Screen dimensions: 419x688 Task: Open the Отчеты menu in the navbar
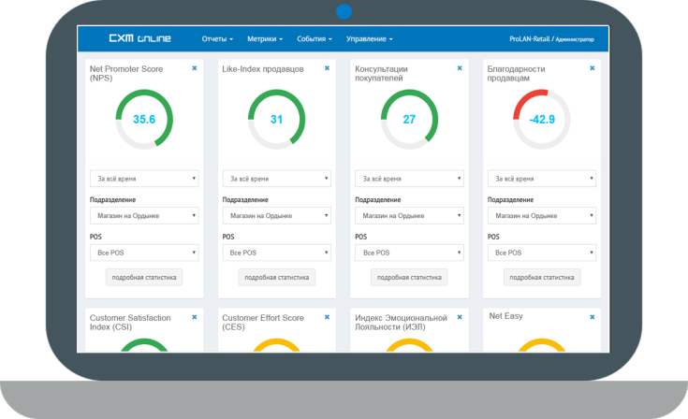[217, 39]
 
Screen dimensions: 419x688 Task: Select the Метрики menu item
[265, 39]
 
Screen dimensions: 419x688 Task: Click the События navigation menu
[315, 39]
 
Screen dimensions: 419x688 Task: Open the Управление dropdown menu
[369, 39]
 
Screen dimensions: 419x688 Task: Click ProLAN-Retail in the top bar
[529, 39]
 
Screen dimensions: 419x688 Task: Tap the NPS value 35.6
[144, 120]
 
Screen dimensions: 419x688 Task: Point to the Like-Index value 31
[276, 120]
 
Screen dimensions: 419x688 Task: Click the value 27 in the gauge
[409, 120]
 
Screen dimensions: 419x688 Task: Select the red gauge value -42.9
[542, 120]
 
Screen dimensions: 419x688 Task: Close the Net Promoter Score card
[194, 68]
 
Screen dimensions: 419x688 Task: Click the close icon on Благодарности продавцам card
[593, 68]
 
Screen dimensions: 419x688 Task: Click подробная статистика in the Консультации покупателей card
[409, 277]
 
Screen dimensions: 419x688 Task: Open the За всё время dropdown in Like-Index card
[276, 179]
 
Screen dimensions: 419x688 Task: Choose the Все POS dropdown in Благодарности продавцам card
[542, 253]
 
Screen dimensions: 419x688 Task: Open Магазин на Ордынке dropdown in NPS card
[144, 216]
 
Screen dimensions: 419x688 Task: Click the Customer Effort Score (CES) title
[263, 322]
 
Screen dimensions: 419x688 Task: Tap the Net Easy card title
[506, 317]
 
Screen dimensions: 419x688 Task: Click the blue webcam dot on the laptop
[344, 11]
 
